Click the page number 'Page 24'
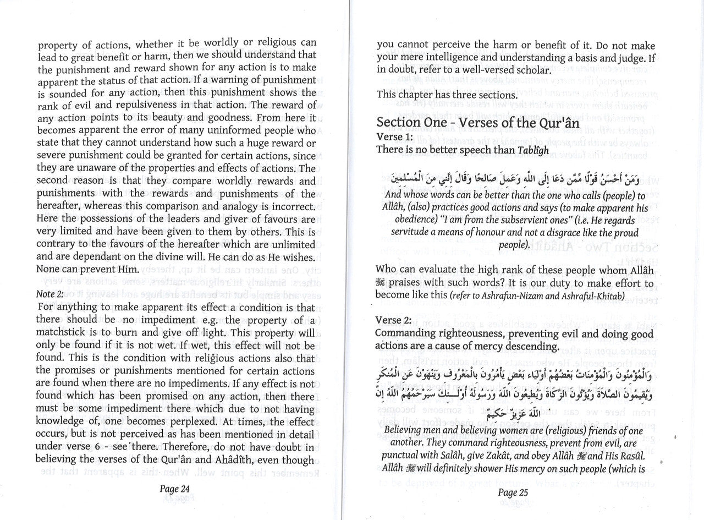pyautogui.click(x=174, y=488)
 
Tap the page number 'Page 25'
pyautogui.click(x=513, y=492)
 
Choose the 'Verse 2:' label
pyautogui.click(x=394, y=320)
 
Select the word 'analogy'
pyautogui.click(x=254, y=206)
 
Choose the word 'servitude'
pyautogui.click(x=398, y=233)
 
